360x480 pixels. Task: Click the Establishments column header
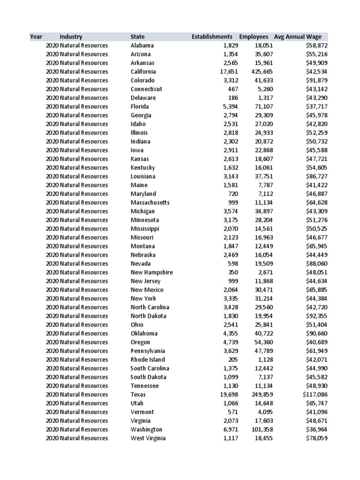coord(212,37)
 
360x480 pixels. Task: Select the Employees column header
coord(254,37)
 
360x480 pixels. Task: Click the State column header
coord(138,37)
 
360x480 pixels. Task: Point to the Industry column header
coord(71,37)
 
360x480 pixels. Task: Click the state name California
coord(143,72)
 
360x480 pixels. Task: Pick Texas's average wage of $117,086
coord(315,395)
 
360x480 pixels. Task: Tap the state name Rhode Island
coord(148,360)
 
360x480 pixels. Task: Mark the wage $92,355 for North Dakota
coord(317,316)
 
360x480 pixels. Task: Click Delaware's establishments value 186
coord(233,98)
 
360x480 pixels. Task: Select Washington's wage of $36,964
coord(317,429)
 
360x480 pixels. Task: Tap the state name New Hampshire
coord(151,272)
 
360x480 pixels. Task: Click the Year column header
coord(36,37)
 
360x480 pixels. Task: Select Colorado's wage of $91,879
coord(317,80)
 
